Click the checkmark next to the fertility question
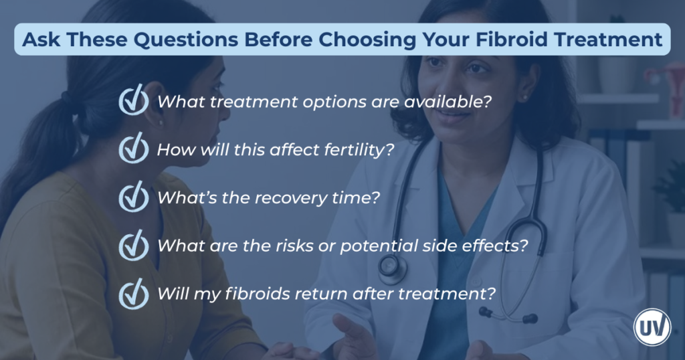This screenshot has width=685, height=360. coord(134,149)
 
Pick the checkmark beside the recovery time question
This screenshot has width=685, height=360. coord(134,197)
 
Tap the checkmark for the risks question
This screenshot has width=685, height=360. coord(134,245)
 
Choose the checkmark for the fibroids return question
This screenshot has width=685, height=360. coord(134,293)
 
